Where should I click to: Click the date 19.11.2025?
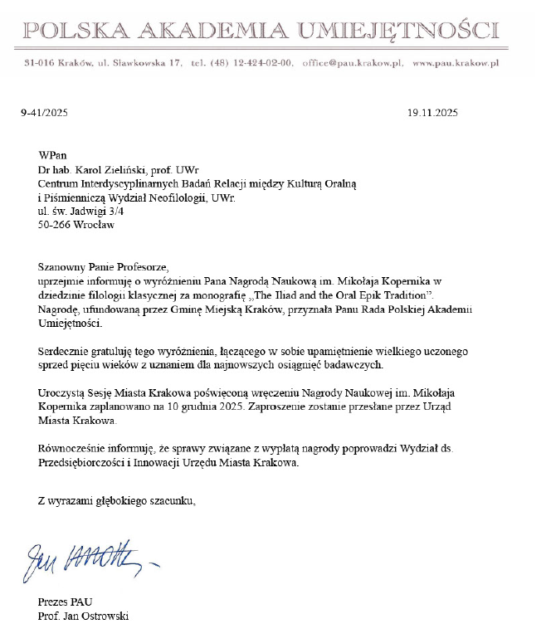coord(432,113)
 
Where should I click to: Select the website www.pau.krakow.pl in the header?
coord(455,62)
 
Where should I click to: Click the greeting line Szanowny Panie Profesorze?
coord(103,267)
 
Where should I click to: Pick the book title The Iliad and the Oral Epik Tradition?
coord(342,295)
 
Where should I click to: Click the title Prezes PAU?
coord(66,602)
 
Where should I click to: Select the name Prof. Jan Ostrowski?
coord(83,616)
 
